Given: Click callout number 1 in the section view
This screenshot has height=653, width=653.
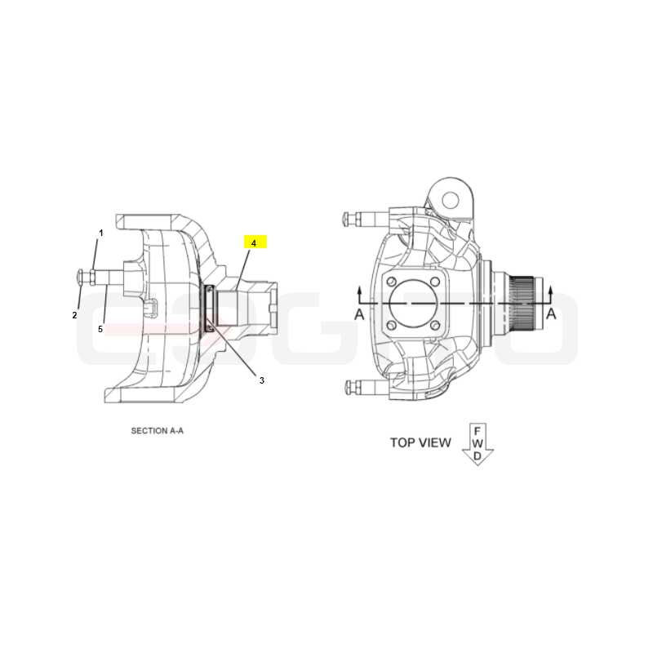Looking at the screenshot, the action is (x=100, y=233).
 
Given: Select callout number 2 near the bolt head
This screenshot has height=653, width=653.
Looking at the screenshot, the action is (x=74, y=315).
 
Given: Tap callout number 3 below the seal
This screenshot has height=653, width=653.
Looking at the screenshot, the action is (x=261, y=380).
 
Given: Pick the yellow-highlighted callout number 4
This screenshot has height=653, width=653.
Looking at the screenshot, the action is (x=254, y=242).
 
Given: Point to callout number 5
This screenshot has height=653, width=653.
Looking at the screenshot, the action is (x=100, y=329).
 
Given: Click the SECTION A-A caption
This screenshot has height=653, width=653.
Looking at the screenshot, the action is (x=157, y=431).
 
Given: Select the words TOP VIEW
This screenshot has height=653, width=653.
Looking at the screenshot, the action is (x=420, y=442).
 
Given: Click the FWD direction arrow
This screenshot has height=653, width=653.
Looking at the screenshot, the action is (x=478, y=444).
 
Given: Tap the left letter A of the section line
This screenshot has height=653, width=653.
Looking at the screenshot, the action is (x=359, y=313).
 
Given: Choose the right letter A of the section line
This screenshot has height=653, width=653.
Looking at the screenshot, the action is (x=551, y=313).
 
